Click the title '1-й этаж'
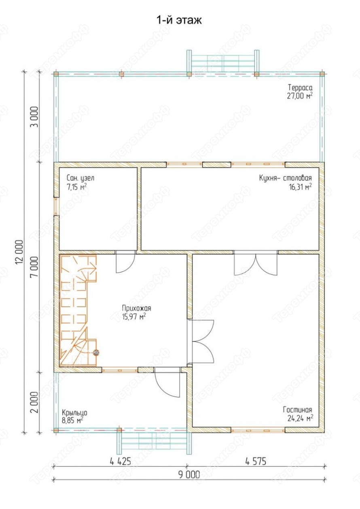tap(179, 20)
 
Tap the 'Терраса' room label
tap(300, 87)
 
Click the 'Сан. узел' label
tap(80, 178)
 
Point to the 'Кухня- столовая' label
tap(286, 178)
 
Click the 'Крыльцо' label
tap(74, 412)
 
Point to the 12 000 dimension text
tap(19, 252)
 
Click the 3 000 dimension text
tap(34, 117)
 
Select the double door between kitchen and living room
tap(256, 263)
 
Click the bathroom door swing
tap(125, 261)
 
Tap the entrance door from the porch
tap(167, 382)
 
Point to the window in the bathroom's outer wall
tap(56, 206)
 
